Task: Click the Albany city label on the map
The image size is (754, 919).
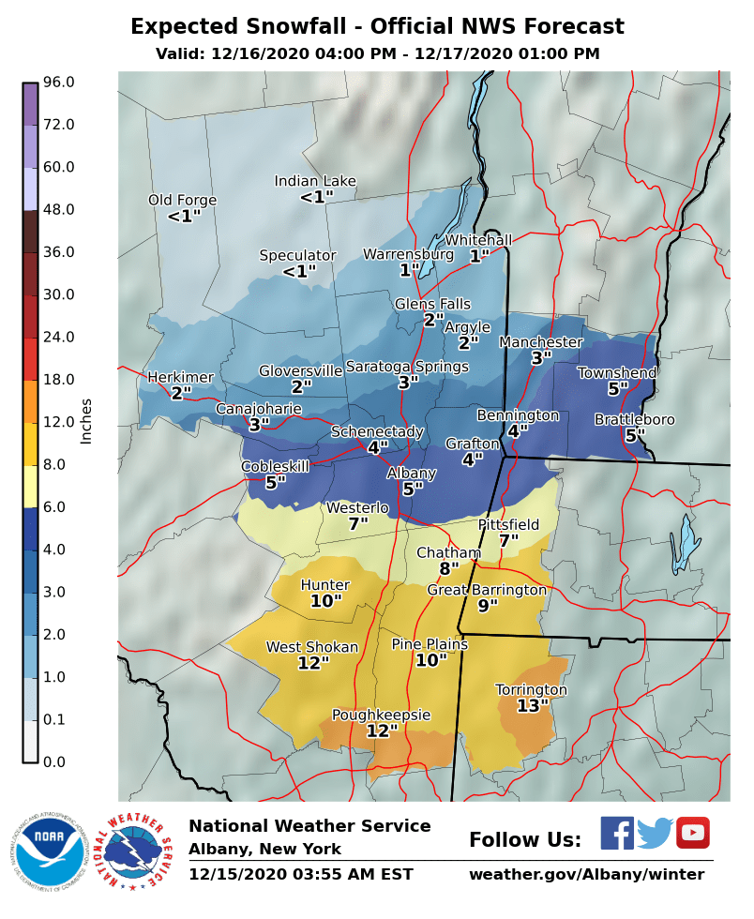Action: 412,474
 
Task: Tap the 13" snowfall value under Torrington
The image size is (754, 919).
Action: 533,706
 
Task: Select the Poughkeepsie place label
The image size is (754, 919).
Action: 382,715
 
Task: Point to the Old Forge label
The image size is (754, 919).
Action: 183,200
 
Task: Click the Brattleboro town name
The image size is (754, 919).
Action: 635,419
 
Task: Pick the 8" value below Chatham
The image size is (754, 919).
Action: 449,568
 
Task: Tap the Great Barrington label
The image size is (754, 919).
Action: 487,590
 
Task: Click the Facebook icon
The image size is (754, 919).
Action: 617,833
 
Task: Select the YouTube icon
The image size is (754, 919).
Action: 693,833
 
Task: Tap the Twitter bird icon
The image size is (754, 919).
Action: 656,833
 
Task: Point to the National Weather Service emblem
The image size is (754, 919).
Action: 137,851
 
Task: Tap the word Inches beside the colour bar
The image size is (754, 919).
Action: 86,421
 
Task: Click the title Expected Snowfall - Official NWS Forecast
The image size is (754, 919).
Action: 377,26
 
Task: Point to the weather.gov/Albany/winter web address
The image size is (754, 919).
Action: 586,874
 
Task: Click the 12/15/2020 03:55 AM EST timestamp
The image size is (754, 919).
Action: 301,874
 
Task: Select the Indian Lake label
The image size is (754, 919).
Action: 315,181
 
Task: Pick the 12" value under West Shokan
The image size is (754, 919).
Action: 313,663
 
